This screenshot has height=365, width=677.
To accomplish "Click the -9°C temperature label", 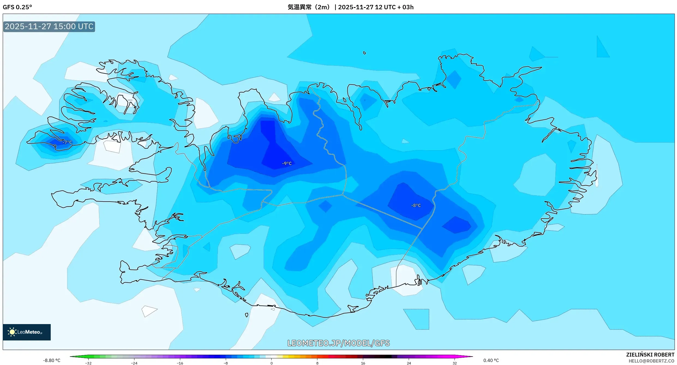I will [x=287, y=163].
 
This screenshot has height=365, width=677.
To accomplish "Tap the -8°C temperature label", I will [x=416, y=205].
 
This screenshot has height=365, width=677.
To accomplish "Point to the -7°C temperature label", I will [x=67, y=142].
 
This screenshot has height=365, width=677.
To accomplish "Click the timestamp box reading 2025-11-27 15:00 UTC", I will [x=49, y=26].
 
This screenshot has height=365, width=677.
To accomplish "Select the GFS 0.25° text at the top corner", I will [x=17, y=7].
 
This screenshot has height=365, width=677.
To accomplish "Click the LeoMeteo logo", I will [x=27, y=332].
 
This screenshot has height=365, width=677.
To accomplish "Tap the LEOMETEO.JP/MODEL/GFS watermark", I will [x=338, y=343].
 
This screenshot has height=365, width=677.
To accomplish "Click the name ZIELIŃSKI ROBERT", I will [x=650, y=355].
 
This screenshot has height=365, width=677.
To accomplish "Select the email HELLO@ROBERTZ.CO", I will [x=651, y=361].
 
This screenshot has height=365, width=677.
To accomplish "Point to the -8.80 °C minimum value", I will [x=52, y=360].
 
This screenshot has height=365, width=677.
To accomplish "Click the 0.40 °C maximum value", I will [x=491, y=360].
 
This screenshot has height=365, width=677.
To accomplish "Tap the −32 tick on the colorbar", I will [x=88, y=363].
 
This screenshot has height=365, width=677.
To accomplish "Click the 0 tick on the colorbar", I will [x=271, y=363].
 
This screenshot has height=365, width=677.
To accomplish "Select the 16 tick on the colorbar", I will [x=363, y=363].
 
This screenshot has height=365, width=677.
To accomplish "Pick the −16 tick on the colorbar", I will [x=180, y=363].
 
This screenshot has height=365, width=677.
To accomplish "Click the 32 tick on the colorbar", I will [x=455, y=363].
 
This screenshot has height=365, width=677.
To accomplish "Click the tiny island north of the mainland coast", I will [x=365, y=53].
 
